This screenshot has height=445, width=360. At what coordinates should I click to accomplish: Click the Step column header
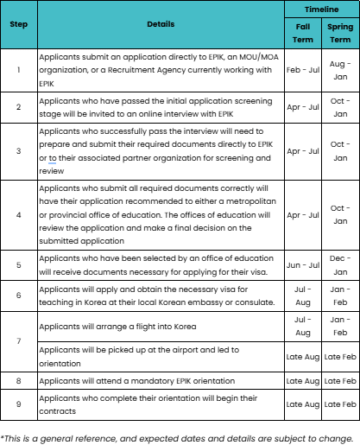click(x=18, y=23)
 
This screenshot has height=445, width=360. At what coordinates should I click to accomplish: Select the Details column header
click(x=161, y=23)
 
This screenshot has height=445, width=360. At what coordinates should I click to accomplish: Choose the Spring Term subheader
click(x=340, y=32)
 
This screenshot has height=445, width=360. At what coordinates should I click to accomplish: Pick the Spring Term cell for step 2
click(x=340, y=107)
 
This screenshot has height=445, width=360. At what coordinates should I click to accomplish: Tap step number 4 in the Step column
click(x=18, y=215)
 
